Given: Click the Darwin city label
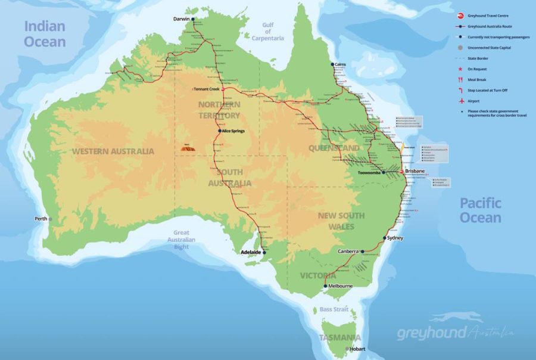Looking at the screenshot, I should pyautogui.click(x=181, y=19).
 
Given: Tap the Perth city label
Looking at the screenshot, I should pyautogui.click(x=40, y=219).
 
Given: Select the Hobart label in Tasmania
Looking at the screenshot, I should pyautogui.click(x=357, y=349).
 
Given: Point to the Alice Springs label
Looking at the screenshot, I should pyautogui.click(x=233, y=131).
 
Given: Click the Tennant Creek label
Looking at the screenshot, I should pyautogui.click(x=207, y=89).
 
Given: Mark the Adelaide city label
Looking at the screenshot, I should pyautogui.click(x=250, y=252).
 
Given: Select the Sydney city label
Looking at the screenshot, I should pyautogui.click(x=395, y=238).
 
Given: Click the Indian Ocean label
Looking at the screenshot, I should pyautogui.click(x=45, y=33).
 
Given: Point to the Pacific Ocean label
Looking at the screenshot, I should pyautogui.click(x=480, y=210).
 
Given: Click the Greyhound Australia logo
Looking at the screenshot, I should pyautogui.click(x=456, y=328).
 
